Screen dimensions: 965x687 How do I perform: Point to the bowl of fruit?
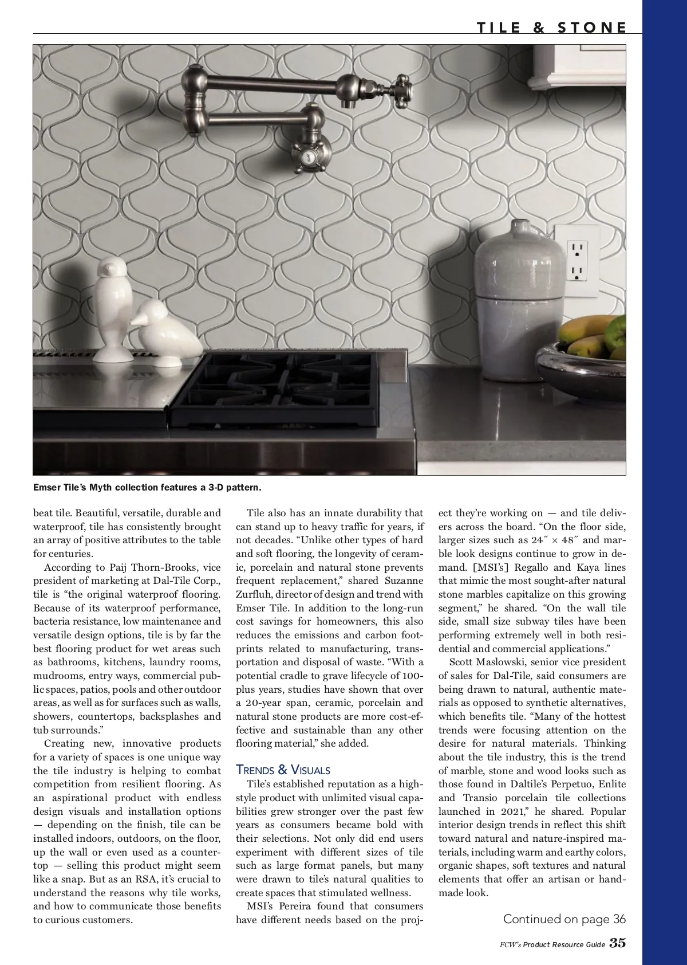[x=585, y=360]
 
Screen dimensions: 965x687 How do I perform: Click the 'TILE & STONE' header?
[x=551, y=27]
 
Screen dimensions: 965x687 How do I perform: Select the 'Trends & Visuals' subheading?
[x=283, y=770]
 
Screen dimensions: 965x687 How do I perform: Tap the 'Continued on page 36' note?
[x=564, y=919]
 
